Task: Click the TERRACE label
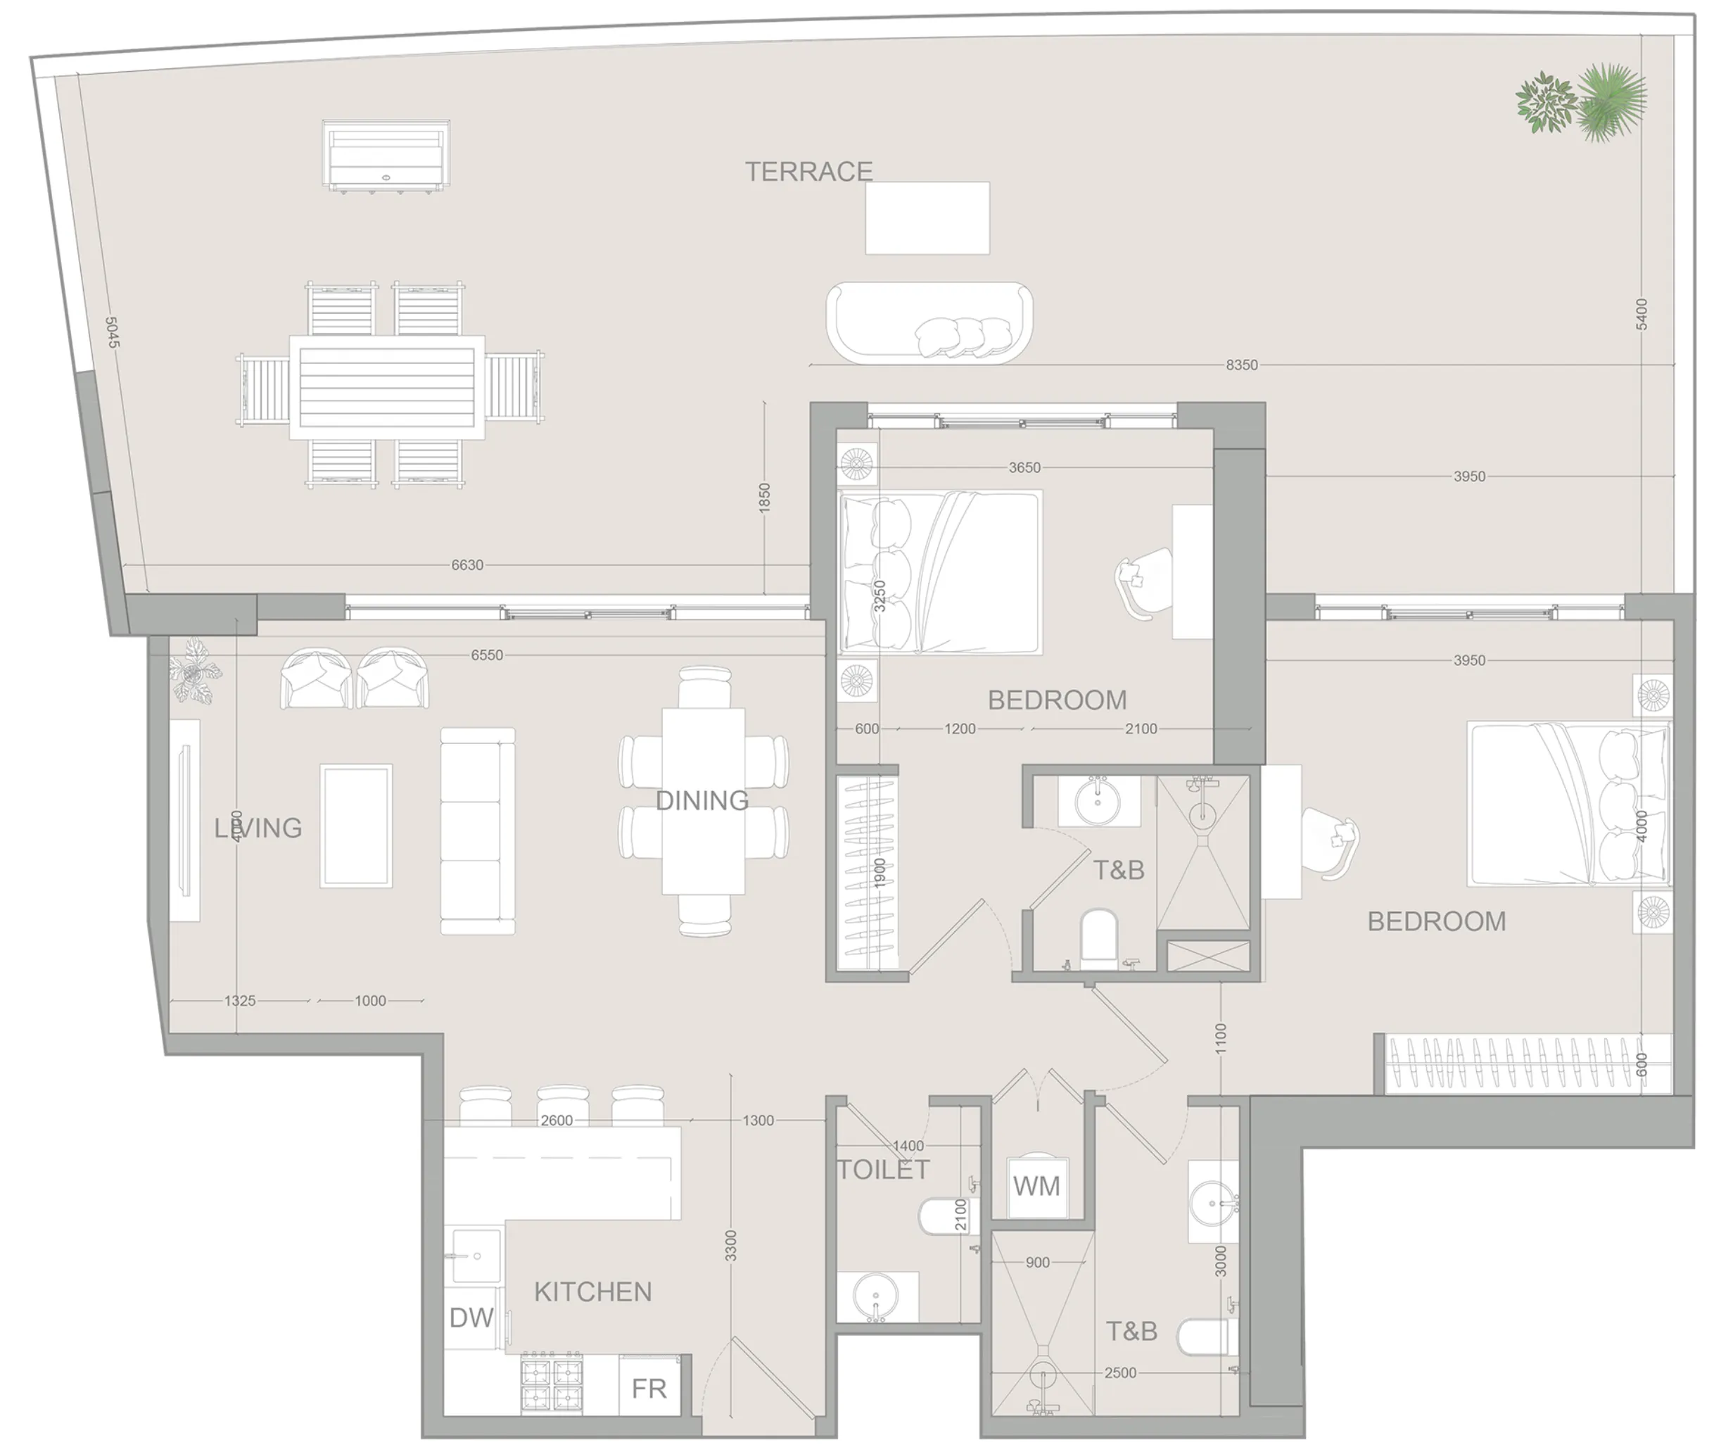pyautogui.click(x=808, y=172)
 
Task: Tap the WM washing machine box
pyautogui.click(x=1036, y=1186)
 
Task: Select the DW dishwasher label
pyautogui.click(x=471, y=1318)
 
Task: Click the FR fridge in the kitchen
pyautogui.click(x=649, y=1389)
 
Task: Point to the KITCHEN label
pyautogui.click(x=593, y=1292)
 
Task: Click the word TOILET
pyautogui.click(x=883, y=1170)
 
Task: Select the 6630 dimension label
pyautogui.click(x=467, y=565)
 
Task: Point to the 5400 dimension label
pyautogui.click(x=1641, y=315)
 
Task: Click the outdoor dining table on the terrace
pyautogui.click(x=387, y=386)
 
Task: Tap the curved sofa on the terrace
pyautogui.click(x=929, y=322)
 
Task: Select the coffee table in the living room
pyautogui.click(x=356, y=826)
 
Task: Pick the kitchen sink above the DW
pyautogui.click(x=474, y=1255)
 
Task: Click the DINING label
pyautogui.click(x=702, y=801)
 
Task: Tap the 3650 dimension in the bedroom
pyautogui.click(x=1024, y=467)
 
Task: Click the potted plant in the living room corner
pyautogui.click(x=195, y=671)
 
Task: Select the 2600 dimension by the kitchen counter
pyautogui.click(x=556, y=1120)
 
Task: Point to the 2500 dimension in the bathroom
pyautogui.click(x=1120, y=1373)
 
